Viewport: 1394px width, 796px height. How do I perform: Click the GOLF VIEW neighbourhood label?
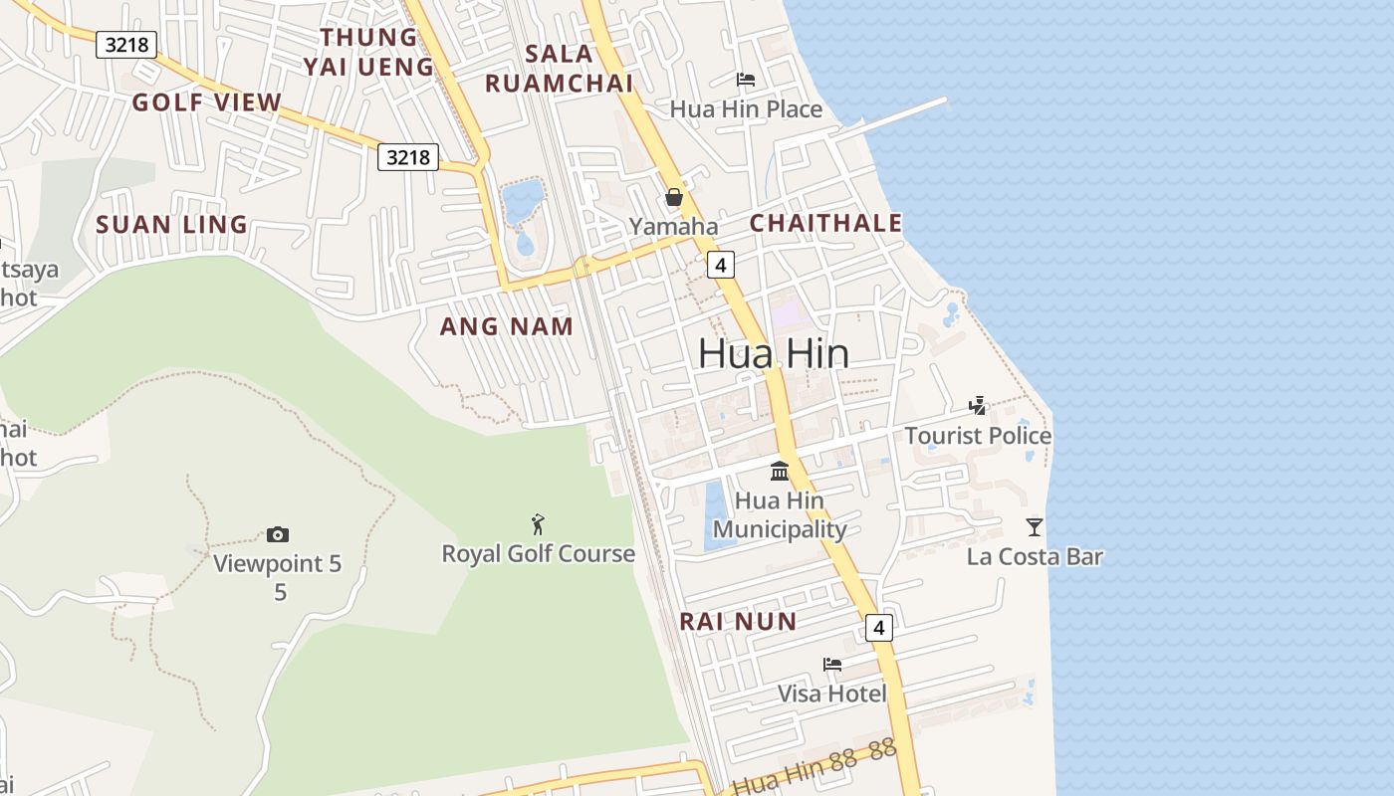(x=207, y=102)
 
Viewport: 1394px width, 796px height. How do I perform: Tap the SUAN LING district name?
(x=171, y=225)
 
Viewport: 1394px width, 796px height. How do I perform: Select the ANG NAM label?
(x=507, y=326)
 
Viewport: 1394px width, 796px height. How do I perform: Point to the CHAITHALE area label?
(x=825, y=223)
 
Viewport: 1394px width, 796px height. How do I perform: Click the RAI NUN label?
(x=738, y=622)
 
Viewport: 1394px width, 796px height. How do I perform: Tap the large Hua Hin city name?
(x=774, y=353)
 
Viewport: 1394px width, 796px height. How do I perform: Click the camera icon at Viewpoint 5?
(x=278, y=535)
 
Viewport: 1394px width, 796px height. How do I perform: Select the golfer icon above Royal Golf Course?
(x=538, y=523)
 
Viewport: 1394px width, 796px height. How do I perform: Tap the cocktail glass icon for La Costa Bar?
(x=1035, y=526)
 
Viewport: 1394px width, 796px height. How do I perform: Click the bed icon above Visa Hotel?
(x=832, y=664)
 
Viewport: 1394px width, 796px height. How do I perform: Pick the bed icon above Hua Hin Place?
(x=746, y=80)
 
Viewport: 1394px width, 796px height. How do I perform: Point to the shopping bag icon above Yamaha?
(x=674, y=197)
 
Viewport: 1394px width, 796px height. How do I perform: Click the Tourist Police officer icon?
(x=978, y=406)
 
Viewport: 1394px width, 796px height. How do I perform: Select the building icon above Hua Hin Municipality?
(x=780, y=471)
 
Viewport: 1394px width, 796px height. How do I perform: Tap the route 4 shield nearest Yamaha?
(x=721, y=264)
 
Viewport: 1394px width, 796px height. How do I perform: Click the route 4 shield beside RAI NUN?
(x=878, y=628)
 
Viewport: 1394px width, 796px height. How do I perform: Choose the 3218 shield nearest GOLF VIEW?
(x=126, y=44)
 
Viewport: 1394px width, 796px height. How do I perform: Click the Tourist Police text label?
(x=978, y=436)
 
